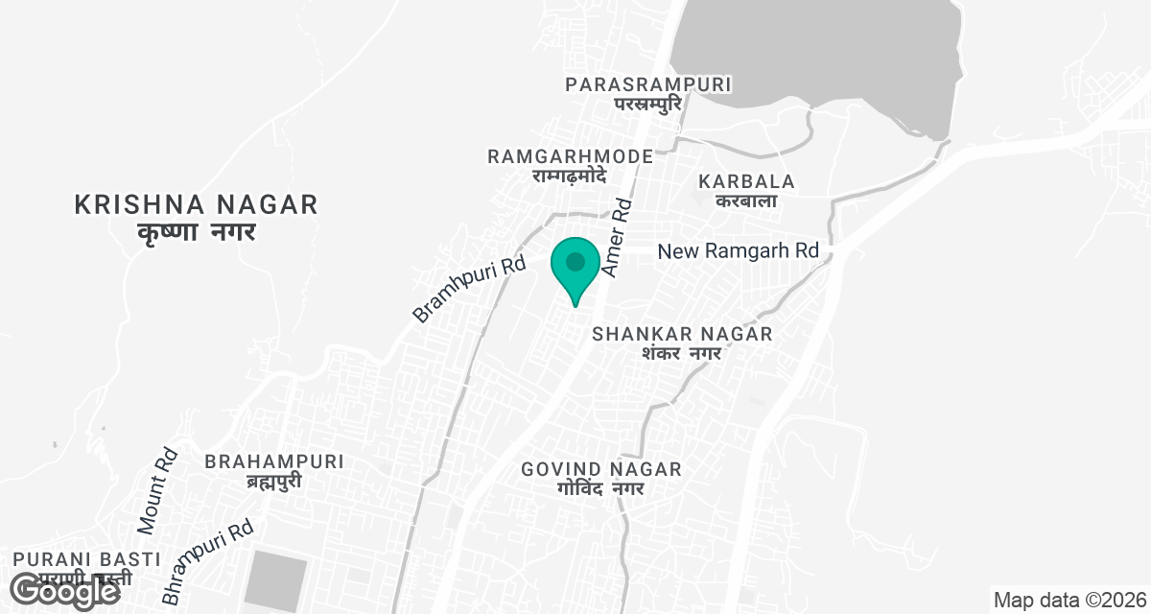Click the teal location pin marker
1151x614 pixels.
point(575,266)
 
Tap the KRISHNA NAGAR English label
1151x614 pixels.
point(196,204)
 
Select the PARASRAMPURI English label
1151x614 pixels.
point(648,84)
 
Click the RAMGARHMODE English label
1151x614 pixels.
point(570,156)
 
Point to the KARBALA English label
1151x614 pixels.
point(747,181)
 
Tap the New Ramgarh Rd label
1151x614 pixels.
point(738,251)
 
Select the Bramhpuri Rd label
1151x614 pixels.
point(470,288)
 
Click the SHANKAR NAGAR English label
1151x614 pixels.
point(682,334)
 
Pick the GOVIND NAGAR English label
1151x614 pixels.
point(601,469)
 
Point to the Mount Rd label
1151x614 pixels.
point(157,491)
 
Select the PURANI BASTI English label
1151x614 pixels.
point(73,559)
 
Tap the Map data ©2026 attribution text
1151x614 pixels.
point(1069,601)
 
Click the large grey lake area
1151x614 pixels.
point(815,58)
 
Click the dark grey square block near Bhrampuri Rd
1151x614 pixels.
point(276,579)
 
